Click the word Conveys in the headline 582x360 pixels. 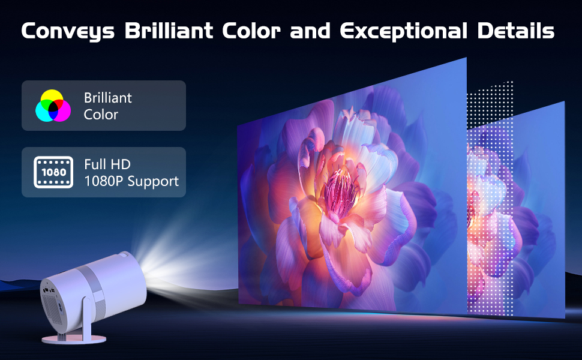pyautogui.click(x=68, y=32)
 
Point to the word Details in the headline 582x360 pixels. pyautogui.click(x=518, y=32)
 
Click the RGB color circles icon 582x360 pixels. pyautogui.click(x=53, y=106)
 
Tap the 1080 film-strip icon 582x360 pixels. pyautogui.click(x=53, y=172)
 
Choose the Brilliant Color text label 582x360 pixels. pyautogui.click(x=108, y=106)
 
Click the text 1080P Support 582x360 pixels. pyautogui.click(x=131, y=181)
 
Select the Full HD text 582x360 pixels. pyautogui.click(x=107, y=164)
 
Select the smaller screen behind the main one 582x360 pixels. pyautogui.click(x=528, y=210)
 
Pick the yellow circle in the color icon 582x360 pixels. pyautogui.click(x=53, y=98)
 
